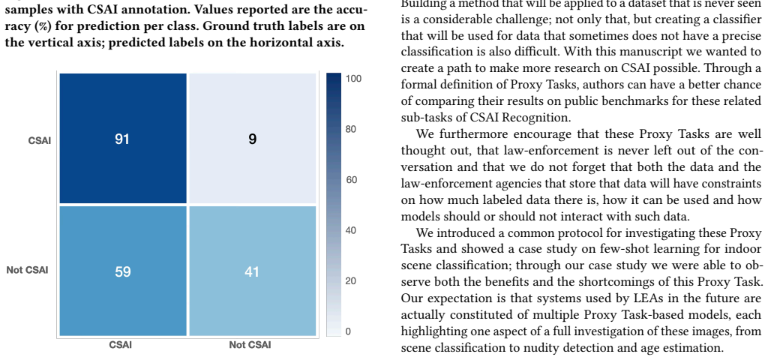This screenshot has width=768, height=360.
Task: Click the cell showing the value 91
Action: click(122, 138)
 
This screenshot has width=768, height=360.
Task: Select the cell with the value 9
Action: click(252, 138)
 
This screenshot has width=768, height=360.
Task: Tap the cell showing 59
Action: click(122, 271)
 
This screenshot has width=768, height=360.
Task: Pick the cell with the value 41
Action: click(252, 271)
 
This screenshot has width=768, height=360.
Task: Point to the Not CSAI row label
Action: click(28, 270)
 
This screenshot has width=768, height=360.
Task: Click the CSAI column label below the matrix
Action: click(121, 345)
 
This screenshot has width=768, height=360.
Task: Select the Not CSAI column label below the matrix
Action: click(250, 345)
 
